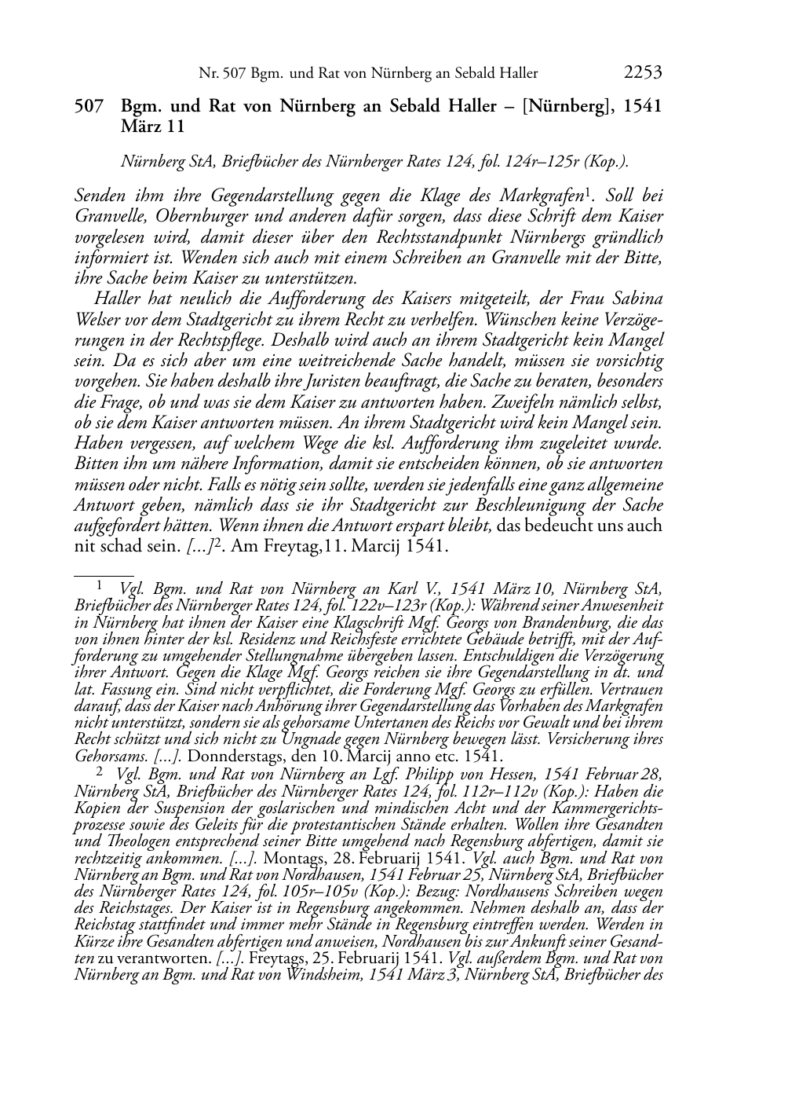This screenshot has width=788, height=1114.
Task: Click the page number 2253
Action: pos(643,73)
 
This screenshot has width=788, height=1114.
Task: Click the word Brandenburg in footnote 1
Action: pos(567,621)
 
